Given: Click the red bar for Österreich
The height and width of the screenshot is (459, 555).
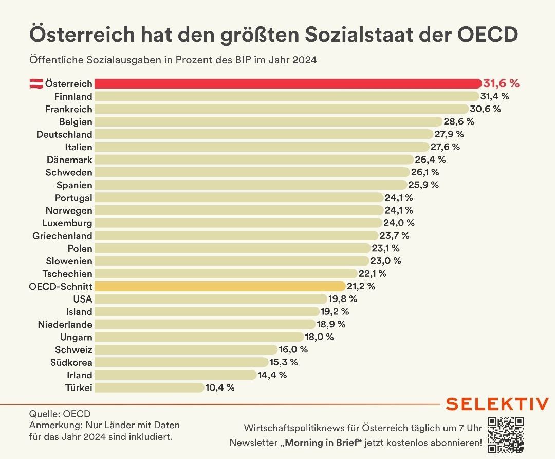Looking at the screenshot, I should click(x=288, y=83).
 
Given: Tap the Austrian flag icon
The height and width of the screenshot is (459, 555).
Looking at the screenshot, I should click(x=35, y=84).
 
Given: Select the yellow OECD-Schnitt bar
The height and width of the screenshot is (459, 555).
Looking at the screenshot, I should click(x=220, y=286).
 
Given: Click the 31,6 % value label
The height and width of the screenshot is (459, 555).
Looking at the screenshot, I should click(x=502, y=83).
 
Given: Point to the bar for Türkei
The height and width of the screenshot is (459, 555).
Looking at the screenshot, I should click(x=149, y=387).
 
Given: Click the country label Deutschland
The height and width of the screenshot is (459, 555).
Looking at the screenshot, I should click(x=64, y=134).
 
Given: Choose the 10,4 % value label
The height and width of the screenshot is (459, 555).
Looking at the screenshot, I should click(x=220, y=387).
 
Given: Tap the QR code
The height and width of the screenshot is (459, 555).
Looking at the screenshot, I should click(x=505, y=435).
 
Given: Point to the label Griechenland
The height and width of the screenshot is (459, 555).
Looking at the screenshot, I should click(x=62, y=236).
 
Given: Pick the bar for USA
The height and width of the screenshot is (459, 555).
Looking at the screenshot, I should click(x=211, y=299).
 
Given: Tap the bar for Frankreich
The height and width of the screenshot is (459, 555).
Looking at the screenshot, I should click(x=282, y=109).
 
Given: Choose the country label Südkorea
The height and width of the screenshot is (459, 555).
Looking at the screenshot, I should click(x=72, y=362).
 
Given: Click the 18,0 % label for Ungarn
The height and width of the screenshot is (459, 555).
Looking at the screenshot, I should click(x=320, y=337).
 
